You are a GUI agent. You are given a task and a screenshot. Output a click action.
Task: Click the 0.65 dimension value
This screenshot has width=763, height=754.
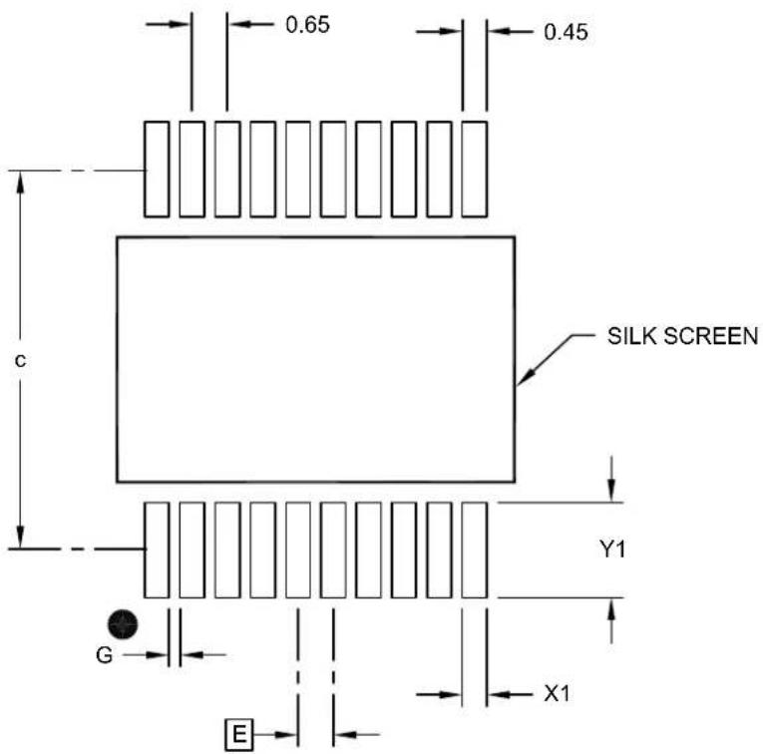pos(307,25)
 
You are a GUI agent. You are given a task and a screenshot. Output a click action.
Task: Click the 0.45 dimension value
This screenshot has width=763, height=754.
pos(566,32)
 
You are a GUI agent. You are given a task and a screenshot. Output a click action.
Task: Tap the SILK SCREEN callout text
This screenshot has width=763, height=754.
pos(682,336)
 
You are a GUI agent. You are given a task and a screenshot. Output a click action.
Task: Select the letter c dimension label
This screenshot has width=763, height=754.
pos(20,360)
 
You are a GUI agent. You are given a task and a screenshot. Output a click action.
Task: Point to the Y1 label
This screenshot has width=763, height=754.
pos(612,550)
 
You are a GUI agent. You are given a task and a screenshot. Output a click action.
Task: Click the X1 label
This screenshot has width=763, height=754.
pos(557,694)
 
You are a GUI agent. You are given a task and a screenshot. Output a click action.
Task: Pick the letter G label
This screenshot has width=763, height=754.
pos(104,655)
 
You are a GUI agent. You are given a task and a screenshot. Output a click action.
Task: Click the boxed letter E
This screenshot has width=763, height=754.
pos(239,734)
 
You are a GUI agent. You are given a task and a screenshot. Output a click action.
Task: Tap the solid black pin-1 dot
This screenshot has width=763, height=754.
pos(123,624)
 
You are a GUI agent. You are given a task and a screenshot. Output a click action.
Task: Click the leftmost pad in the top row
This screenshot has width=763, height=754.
pos(157,169)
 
